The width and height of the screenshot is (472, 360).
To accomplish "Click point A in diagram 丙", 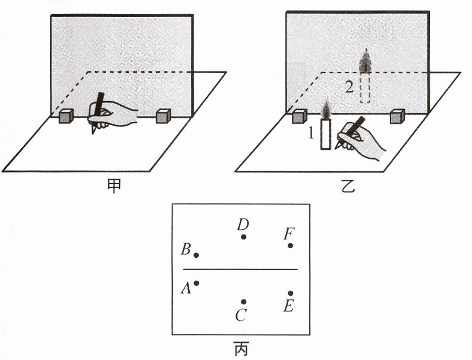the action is pyautogui.click(x=197, y=283).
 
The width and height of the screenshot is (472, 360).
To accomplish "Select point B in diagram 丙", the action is pyautogui.click(x=197, y=255).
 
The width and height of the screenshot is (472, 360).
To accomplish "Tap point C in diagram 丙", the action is pyautogui.click(x=243, y=302).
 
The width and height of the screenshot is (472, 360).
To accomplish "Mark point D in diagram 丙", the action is pyautogui.click(x=243, y=237).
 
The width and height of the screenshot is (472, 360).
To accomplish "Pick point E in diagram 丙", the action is pyautogui.click(x=291, y=293).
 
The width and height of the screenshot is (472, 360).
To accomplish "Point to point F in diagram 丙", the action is pyautogui.click(x=291, y=245).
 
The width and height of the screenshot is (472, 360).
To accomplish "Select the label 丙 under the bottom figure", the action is pyautogui.click(x=241, y=349).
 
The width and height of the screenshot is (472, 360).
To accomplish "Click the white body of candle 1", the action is pyautogui.click(x=326, y=134).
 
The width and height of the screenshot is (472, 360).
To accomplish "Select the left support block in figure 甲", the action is pyautogui.click(x=66, y=116).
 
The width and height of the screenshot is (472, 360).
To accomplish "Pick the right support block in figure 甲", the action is pyautogui.click(x=163, y=116).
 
